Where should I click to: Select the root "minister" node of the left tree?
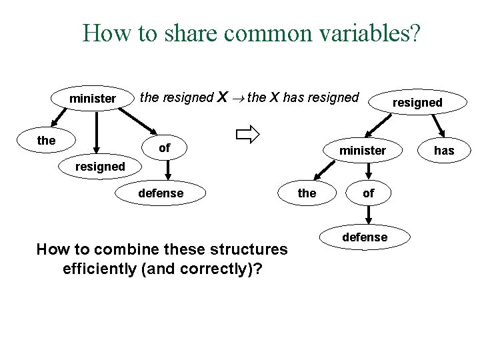(x=92, y=99)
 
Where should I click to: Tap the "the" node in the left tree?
(x=47, y=141)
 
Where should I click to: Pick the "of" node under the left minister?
(x=164, y=147)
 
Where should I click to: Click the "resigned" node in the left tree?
(x=100, y=166)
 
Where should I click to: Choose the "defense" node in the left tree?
(x=160, y=193)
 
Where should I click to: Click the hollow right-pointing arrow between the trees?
(x=247, y=136)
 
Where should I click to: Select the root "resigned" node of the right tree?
(x=417, y=102)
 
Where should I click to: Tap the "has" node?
(x=444, y=150)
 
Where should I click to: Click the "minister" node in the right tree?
(x=362, y=150)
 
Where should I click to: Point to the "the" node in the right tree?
(x=307, y=193)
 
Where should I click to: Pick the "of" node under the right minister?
(x=368, y=193)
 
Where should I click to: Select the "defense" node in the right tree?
(x=365, y=237)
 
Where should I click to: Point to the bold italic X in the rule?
(x=225, y=97)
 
